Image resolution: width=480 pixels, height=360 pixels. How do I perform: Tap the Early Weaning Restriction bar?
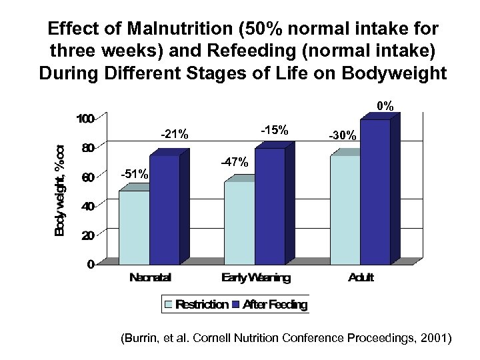pyautogui.click(x=239, y=220)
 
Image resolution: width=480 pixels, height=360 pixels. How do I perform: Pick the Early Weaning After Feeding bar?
pyautogui.click(x=269, y=204)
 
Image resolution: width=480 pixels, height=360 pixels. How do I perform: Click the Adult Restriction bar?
pyautogui.click(x=345, y=207)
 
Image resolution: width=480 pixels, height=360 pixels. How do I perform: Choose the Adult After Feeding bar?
pyautogui.click(x=375, y=190)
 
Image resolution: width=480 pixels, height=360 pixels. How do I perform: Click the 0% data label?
pyautogui.click(x=385, y=106)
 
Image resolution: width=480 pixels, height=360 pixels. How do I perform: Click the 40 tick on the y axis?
pyautogui.click(x=87, y=206)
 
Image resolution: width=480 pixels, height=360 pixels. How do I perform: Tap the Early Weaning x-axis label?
pyautogui.click(x=257, y=278)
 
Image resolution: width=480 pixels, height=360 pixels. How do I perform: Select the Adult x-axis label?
pyautogui.click(x=361, y=277)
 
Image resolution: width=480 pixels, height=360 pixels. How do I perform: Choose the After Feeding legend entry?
pyautogui.click(x=269, y=305)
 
